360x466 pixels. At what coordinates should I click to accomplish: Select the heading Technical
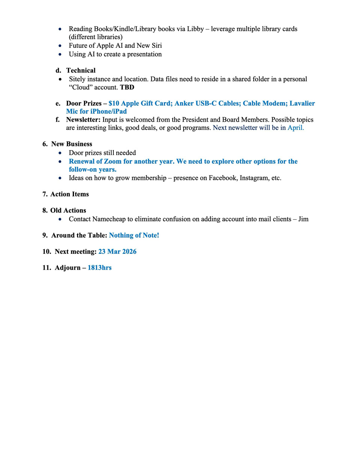coord(81,70)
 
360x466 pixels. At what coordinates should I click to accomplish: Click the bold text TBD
coord(127,87)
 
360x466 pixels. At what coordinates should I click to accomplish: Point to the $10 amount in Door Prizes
coord(114,103)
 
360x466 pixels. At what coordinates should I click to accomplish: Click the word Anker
coord(184,103)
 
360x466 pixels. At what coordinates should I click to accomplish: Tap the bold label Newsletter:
coord(83,120)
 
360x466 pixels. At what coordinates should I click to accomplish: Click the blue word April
coord(295,128)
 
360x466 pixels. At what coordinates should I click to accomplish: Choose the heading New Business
coord(71,144)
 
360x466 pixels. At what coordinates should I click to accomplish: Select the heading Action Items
coord(69,194)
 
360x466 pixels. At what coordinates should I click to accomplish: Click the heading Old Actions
coord(68,210)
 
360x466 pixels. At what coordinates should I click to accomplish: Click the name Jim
coord(303,219)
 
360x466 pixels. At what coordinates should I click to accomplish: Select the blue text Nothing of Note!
coord(134,235)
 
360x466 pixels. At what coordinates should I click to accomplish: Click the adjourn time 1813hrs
coord(99,268)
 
